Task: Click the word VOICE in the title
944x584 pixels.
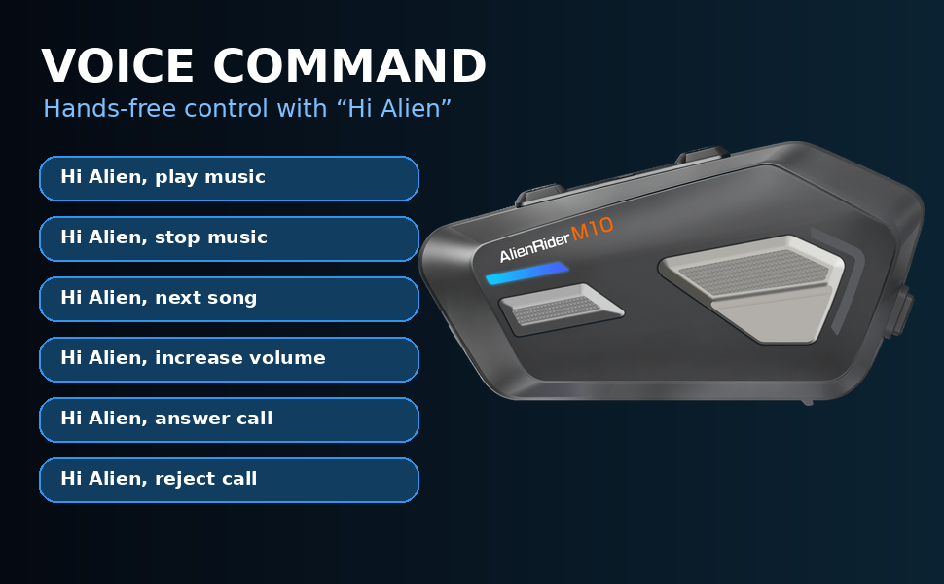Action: click(x=118, y=65)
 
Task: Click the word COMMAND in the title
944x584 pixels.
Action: click(x=349, y=65)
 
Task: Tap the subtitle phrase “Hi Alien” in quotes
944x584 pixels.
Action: click(x=394, y=108)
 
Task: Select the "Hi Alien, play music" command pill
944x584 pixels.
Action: click(x=229, y=178)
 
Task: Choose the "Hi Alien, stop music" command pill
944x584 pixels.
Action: click(x=229, y=238)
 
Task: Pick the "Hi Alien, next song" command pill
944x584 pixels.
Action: click(x=229, y=299)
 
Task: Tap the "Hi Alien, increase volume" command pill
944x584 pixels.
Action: click(x=229, y=359)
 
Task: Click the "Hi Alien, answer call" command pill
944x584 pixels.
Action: click(x=229, y=420)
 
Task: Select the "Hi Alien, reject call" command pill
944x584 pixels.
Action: click(x=229, y=480)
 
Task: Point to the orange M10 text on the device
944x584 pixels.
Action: click(x=592, y=229)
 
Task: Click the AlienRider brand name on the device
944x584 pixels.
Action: click(x=534, y=247)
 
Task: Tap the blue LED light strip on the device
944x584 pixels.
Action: click(x=527, y=274)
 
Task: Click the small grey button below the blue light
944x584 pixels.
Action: click(x=561, y=308)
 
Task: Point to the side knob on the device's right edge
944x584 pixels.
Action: click(x=902, y=310)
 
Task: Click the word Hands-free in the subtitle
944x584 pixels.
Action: click(x=110, y=108)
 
